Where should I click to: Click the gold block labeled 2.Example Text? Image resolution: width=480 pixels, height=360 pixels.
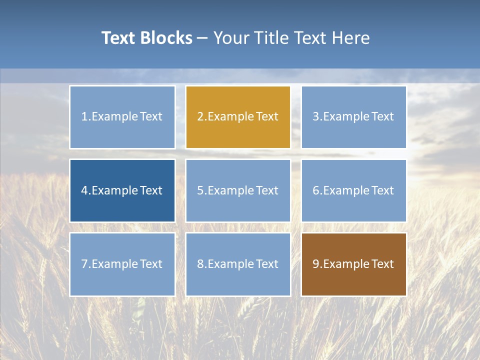tap(238, 117)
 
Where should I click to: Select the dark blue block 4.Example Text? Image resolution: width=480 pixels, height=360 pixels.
tap(122, 190)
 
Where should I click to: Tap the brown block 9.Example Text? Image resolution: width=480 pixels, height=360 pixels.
tap(353, 264)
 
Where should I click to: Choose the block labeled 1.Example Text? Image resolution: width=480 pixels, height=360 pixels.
tap(122, 117)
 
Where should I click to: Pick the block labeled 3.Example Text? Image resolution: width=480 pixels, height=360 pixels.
tap(353, 117)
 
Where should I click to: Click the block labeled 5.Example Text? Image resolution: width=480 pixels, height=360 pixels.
tap(238, 190)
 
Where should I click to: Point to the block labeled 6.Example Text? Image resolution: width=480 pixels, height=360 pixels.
tap(353, 190)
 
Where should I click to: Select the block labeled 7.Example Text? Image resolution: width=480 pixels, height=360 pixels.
tap(122, 264)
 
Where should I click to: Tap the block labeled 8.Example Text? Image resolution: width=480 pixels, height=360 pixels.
tap(238, 264)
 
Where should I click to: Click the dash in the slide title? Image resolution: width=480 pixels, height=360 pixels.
tap(202, 38)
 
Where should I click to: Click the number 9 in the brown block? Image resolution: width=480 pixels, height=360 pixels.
tap(316, 264)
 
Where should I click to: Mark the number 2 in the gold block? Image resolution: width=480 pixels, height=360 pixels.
tap(200, 117)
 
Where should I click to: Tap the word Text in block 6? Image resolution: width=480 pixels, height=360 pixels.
tap(382, 190)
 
